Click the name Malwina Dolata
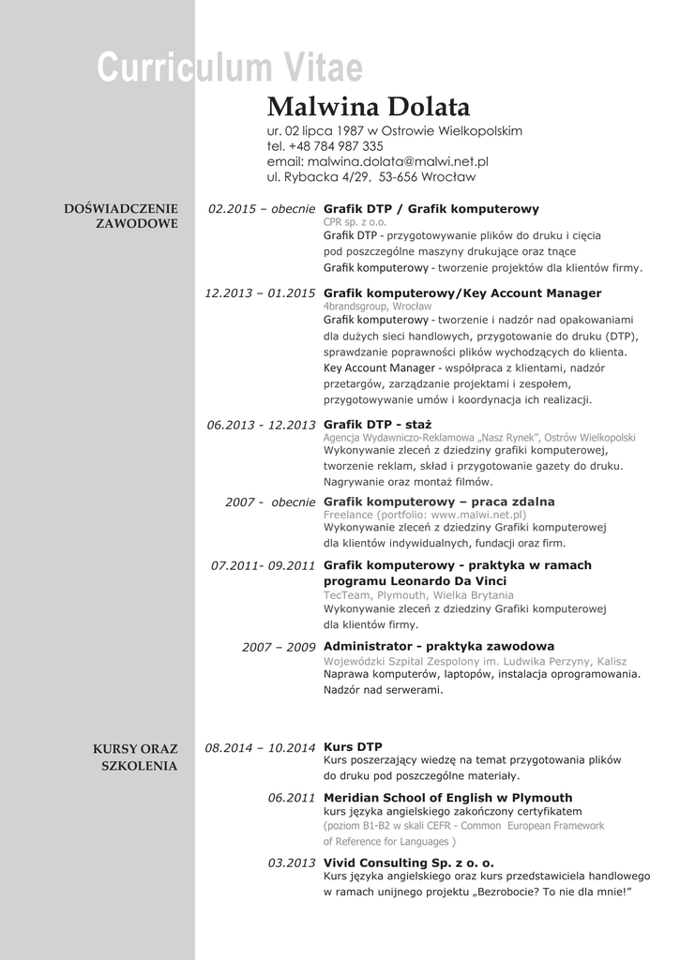pyautogui.click(x=368, y=106)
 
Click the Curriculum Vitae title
pyautogui.click(x=230, y=67)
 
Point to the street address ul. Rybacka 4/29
pyautogui.click(x=319, y=176)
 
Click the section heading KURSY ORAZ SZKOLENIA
pyautogui.click(x=135, y=757)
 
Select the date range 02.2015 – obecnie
pyautogui.click(x=262, y=209)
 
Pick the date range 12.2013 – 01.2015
pyautogui.click(x=260, y=293)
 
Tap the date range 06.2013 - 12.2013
pyautogui.click(x=261, y=425)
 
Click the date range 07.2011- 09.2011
pyautogui.click(x=263, y=565)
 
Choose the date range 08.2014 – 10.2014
pyautogui.click(x=260, y=747)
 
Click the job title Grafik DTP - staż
pyautogui.click(x=377, y=424)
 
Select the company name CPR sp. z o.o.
pyautogui.click(x=355, y=222)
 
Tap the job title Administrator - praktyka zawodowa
pyautogui.click(x=438, y=646)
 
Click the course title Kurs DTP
pyautogui.click(x=353, y=746)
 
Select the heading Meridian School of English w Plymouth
pyautogui.click(x=447, y=798)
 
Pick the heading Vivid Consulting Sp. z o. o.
pyautogui.click(x=408, y=862)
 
